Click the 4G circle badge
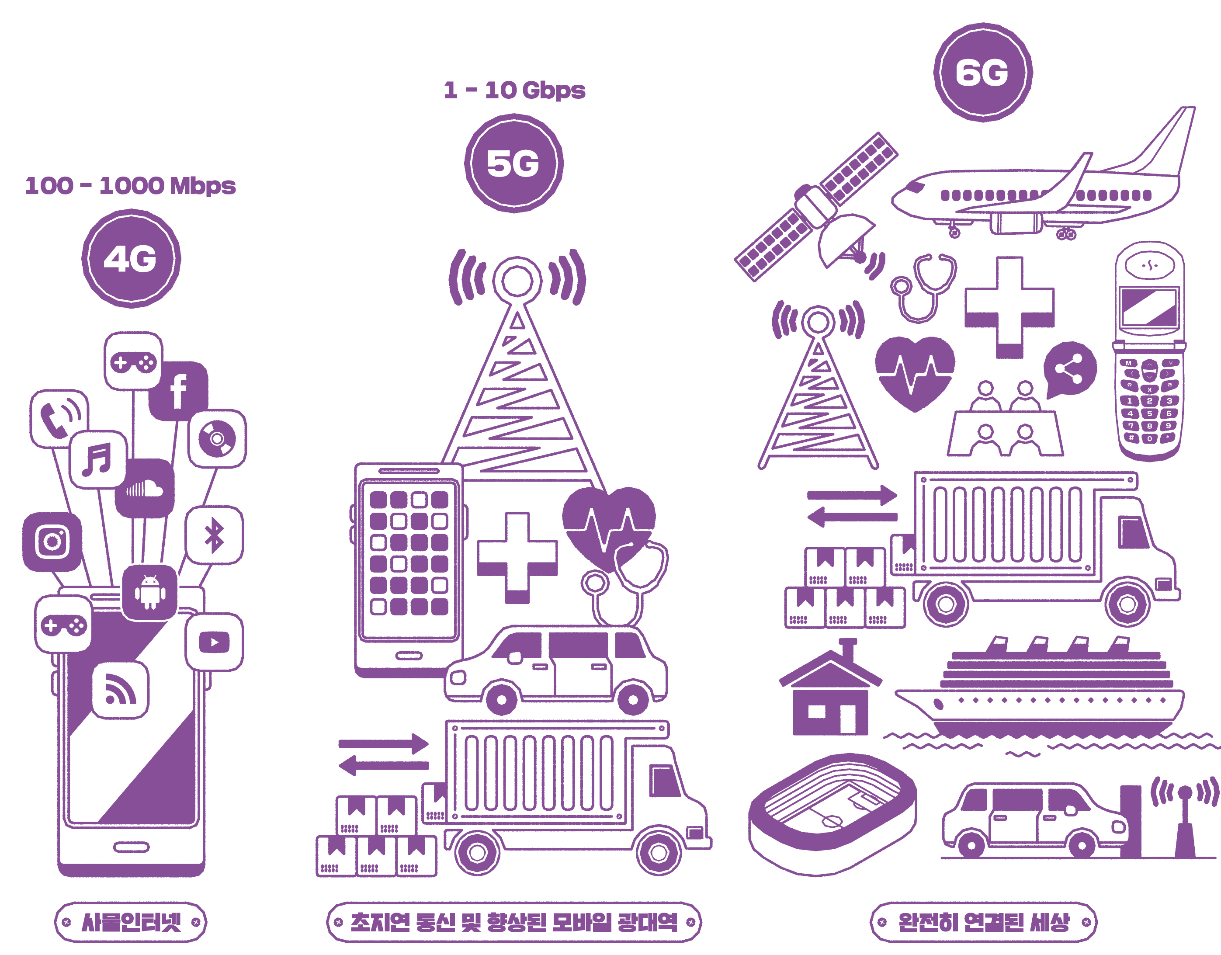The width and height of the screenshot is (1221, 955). [131, 259]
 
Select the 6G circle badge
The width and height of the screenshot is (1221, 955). [982, 72]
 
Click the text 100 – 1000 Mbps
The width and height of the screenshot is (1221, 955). [130, 186]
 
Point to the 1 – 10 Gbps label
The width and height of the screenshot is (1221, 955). [514, 90]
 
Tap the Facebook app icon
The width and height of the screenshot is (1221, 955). [178, 391]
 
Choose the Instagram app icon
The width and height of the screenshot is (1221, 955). [52, 541]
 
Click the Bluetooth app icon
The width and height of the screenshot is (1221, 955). [214, 535]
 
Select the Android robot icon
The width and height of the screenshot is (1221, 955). [150, 593]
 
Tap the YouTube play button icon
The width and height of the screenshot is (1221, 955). [214, 642]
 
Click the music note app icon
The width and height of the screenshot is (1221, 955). [98, 459]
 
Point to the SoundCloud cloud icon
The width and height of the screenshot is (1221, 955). [145, 489]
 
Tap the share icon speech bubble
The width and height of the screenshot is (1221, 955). [1069, 369]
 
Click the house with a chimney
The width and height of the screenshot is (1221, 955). [830, 693]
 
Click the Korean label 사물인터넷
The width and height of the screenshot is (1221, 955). [131, 922]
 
